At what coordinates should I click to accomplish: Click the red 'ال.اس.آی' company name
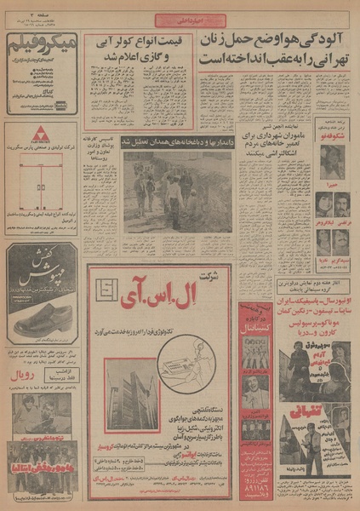[174, 294]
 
